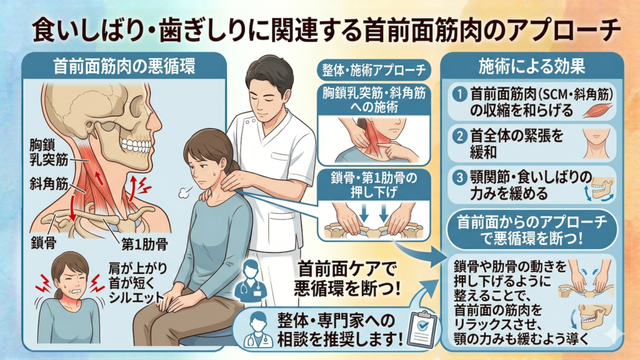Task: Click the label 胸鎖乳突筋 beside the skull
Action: (49, 152)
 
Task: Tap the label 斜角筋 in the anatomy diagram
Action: (49, 184)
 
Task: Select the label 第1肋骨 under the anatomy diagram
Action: (144, 244)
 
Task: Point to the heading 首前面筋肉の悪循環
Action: (124, 66)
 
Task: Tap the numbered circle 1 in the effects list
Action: (460, 95)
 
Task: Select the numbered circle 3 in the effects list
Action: (460, 177)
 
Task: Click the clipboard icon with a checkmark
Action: (422, 327)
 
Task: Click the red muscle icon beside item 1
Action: (597, 110)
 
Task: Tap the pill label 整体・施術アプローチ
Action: (374, 71)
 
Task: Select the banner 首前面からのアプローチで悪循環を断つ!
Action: (532, 230)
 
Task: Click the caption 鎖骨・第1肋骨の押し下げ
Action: (374, 185)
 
